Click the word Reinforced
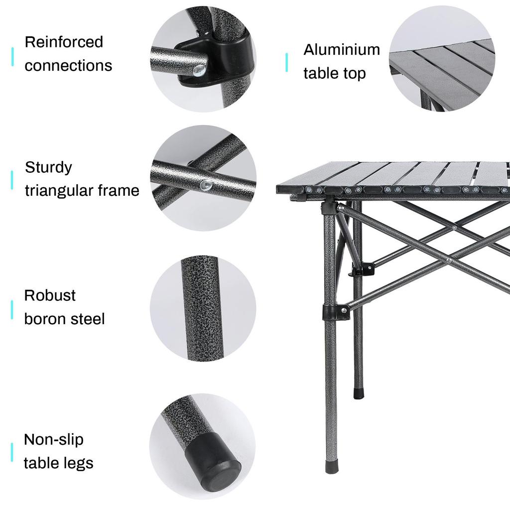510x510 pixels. click(x=64, y=42)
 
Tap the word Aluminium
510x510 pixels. click(x=342, y=50)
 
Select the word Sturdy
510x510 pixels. click(x=48, y=167)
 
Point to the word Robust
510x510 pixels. click(x=50, y=295)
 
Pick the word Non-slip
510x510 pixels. click(x=54, y=440)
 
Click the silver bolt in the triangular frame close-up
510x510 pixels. click(x=204, y=185)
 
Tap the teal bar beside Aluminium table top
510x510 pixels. click(x=286, y=62)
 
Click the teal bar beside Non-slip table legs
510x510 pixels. click(x=12, y=452)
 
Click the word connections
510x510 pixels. click(x=68, y=65)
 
